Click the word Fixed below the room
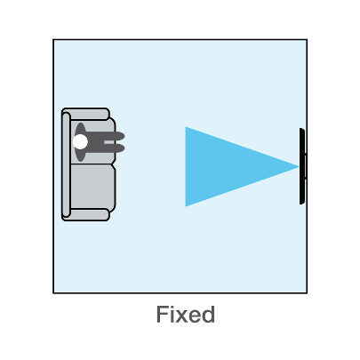click(186, 314)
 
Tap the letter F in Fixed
click(162, 315)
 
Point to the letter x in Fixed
click(181, 316)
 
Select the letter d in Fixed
click(209, 315)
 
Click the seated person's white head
click(80, 141)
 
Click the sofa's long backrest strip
click(66, 164)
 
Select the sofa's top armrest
click(86, 114)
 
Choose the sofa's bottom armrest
click(86, 215)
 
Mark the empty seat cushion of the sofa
click(92, 187)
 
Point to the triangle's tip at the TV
click(299, 167)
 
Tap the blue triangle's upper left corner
click(186, 127)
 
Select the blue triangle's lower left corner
click(186, 206)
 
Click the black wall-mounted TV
click(302, 166)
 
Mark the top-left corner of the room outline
click(53, 39)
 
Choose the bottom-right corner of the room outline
click(307, 293)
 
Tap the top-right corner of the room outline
click(307, 39)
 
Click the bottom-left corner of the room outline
click(53, 293)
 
